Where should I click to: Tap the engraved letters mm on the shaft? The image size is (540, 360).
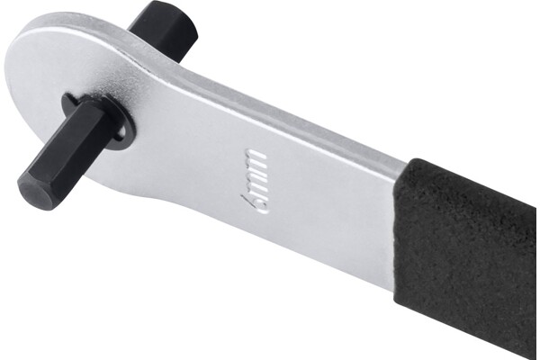click(256, 170)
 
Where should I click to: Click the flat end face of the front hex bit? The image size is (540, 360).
click(34, 192)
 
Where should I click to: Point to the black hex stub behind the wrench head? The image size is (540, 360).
click(163, 29)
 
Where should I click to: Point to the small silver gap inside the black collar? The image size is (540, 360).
click(121, 132)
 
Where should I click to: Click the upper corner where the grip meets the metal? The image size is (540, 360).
click(412, 160)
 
